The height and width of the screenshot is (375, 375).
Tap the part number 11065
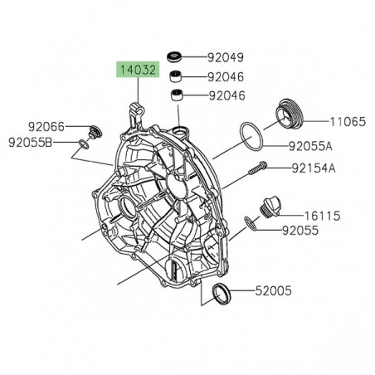pos(348,121)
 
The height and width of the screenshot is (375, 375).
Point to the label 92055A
pos(311,147)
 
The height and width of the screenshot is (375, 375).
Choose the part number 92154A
pos(314,168)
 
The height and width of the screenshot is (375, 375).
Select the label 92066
pos(46,128)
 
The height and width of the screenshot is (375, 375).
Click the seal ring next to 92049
pos(175,57)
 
